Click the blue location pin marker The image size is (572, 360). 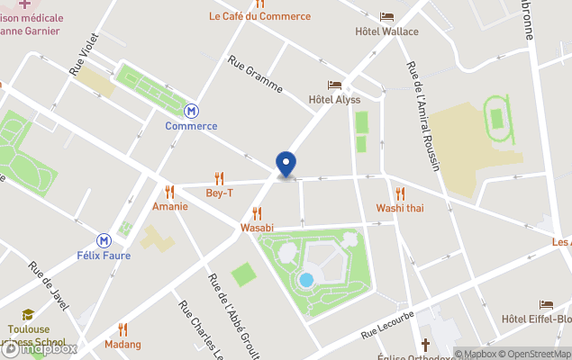pyautogui.click(x=286, y=163)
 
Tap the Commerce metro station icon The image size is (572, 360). pyautogui.click(x=191, y=111)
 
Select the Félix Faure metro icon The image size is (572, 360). pyautogui.click(x=104, y=240)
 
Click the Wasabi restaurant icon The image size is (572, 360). pyautogui.click(x=257, y=213)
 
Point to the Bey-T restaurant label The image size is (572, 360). pyautogui.click(x=219, y=193)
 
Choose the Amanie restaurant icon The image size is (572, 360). pyautogui.click(x=169, y=192)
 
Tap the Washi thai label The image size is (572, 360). pyautogui.click(x=400, y=208)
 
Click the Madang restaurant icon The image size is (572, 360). pyautogui.click(x=123, y=329)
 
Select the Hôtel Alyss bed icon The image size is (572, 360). pyautogui.click(x=334, y=85)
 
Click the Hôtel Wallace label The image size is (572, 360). pyautogui.click(x=386, y=31)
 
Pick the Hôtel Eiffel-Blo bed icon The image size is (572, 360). pyautogui.click(x=546, y=305)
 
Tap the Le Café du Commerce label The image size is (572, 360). pyautogui.click(x=259, y=16)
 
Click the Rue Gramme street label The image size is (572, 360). pyautogui.click(x=256, y=75)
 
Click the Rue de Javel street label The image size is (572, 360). pyautogui.click(x=49, y=286)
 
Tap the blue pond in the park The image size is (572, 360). pyautogui.click(x=306, y=280)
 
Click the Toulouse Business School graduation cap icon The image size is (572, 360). pyautogui.click(x=28, y=314)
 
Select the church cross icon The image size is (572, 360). pyautogui.click(x=425, y=345)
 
